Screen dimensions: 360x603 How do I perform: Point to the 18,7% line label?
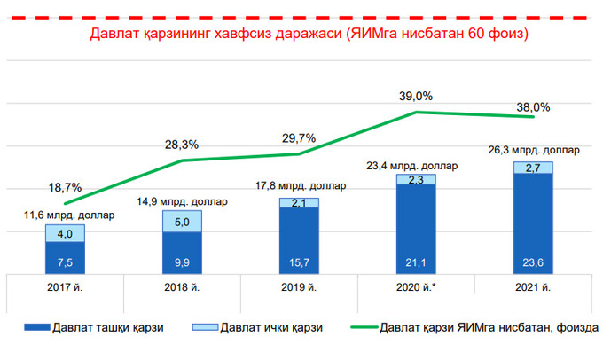coord(67,187)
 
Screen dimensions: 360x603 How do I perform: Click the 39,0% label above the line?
coord(416,96)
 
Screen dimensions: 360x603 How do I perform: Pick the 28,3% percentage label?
coord(181,145)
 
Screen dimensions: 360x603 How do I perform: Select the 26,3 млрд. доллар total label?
coord(532,150)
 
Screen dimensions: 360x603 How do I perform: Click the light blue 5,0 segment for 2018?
coord(182,222)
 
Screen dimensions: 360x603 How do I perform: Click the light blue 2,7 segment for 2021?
coord(533,168)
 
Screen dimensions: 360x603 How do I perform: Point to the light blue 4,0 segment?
coord(65,233)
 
